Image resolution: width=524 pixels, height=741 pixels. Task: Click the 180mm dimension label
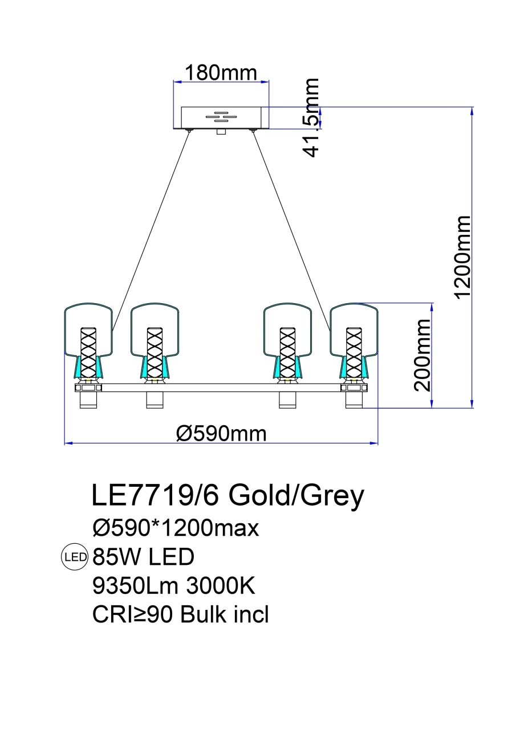point(220,73)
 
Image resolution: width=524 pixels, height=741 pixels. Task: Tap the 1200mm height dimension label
point(462,256)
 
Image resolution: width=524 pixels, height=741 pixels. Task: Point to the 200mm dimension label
point(423,355)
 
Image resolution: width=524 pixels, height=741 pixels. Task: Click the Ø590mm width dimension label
point(221,434)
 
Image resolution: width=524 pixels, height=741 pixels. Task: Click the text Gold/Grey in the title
point(296,496)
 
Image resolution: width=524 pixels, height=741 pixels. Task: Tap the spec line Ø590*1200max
point(176,528)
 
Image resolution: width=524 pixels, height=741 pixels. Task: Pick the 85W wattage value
point(117,557)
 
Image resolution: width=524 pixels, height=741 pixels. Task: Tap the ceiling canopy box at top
point(221,118)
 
